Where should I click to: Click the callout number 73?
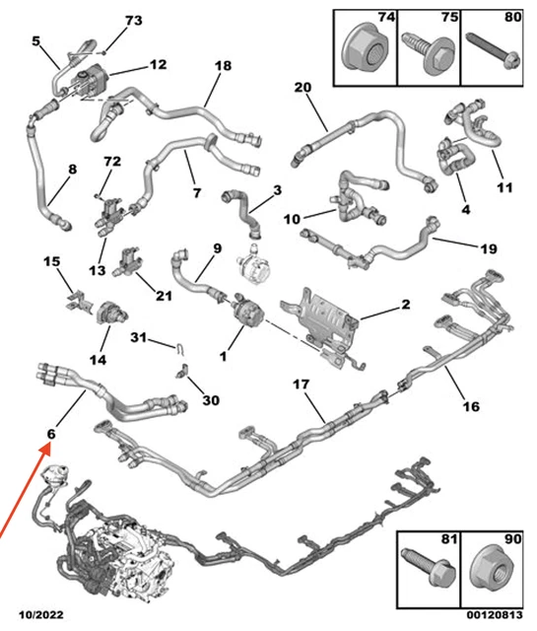(134, 20)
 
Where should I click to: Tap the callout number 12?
(158, 64)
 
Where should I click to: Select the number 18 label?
(224, 66)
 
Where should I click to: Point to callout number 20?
(302, 88)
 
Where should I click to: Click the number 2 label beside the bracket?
(406, 305)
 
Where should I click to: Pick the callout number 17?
(301, 385)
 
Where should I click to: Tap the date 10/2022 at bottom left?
(41, 615)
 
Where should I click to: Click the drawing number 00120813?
(495, 615)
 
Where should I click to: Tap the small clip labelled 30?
(182, 372)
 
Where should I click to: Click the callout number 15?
(52, 261)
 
